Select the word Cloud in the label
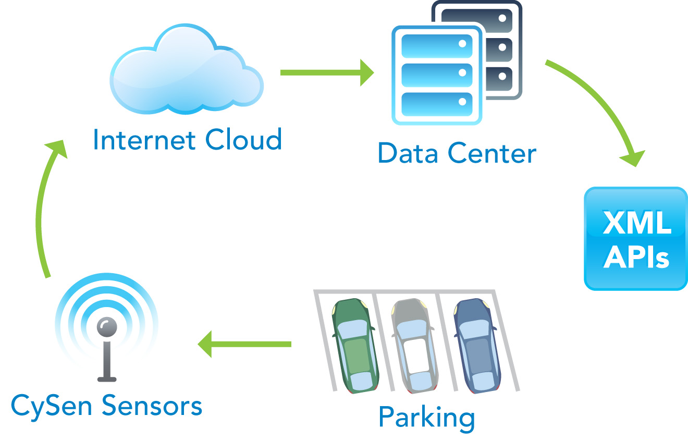tap(243, 140)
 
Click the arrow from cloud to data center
tap(327, 72)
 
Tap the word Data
tap(409, 153)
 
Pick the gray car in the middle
tap(414, 345)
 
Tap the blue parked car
tap(476, 345)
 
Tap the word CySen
tap(53, 406)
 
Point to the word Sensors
tap(151, 406)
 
